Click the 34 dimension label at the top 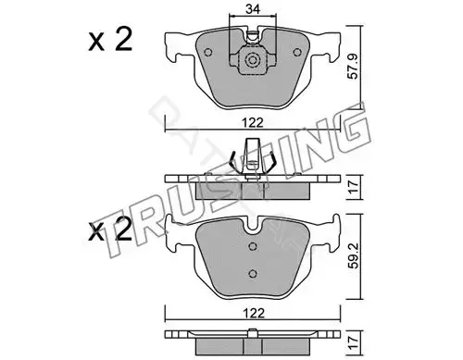pyautogui.click(x=252, y=9)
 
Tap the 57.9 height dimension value pyautogui.click(x=353, y=66)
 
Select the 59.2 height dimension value pyautogui.click(x=354, y=255)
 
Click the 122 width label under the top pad pyautogui.click(x=253, y=123)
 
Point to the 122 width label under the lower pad pyautogui.click(x=253, y=314)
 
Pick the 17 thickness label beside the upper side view pyautogui.click(x=353, y=187)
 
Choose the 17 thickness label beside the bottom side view pyautogui.click(x=353, y=342)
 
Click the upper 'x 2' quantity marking pyautogui.click(x=110, y=40)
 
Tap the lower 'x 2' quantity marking pyautogui.click(x=110, y=229)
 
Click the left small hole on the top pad pyautogui.click(x=208, y=53)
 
